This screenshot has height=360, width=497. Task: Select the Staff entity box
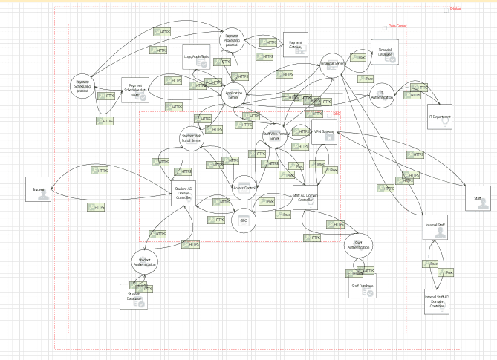[x=476, y=198]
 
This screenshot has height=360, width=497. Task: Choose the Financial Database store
[x=386, y=53]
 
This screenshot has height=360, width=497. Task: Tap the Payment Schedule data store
[x=135, y=89]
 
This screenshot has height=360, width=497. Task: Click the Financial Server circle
[x=332, y=65]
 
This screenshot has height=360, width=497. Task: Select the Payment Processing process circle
[x=232, y=41]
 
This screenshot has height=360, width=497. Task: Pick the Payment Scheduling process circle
[x=82, y=87]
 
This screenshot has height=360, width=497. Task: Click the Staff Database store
[x=362, y=287]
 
